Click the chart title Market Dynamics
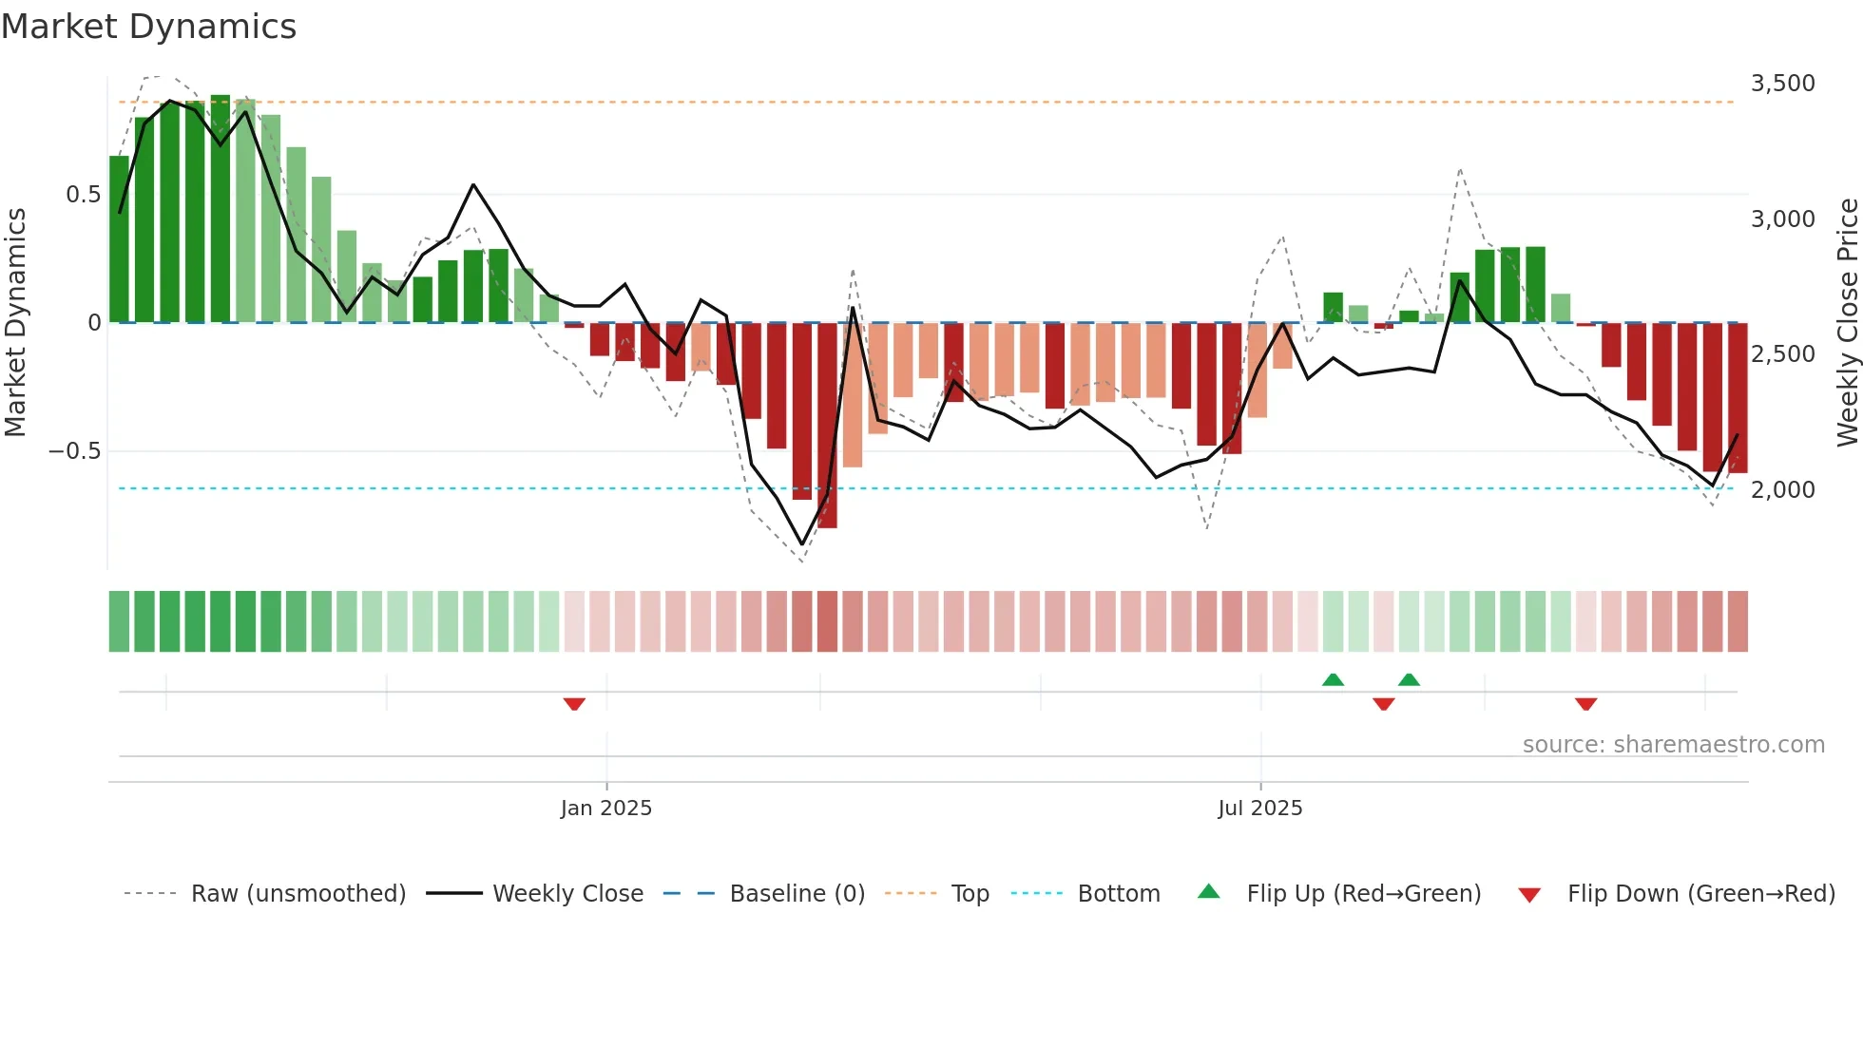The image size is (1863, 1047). click(x=148, y=27)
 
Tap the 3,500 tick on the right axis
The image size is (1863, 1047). click(x=1782, y=84)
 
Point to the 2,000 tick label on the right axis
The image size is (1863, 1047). click(x=1782, y=490)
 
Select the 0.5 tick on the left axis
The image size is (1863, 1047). click(x=83, y=195)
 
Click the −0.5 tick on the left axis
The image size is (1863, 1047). click(x=75, y=451)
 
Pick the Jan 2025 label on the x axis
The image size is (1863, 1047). click(x=605, y=809)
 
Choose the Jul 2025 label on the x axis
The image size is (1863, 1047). click(x=1259, y=809)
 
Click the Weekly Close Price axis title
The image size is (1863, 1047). click(x=1847, y=323)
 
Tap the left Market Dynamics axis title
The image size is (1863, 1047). click(x=15, y=323)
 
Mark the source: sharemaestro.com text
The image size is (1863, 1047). click(x=1673, y=745)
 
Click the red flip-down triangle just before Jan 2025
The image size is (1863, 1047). click(x=574, y=704)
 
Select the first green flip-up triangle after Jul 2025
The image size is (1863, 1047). click(x=1333, y=679)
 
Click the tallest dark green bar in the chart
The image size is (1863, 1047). click(x=221, y=209)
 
